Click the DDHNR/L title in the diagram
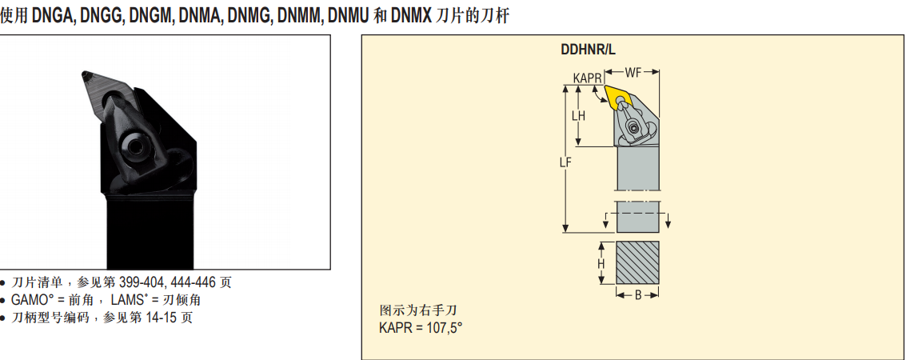[589, 49]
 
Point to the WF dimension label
[633, 72]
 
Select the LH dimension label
[578, 115]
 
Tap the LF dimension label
[565, 162]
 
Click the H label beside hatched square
[601, 263]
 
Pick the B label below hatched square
[637, 295]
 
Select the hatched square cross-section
[637, 262]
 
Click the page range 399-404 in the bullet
[142, 282]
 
